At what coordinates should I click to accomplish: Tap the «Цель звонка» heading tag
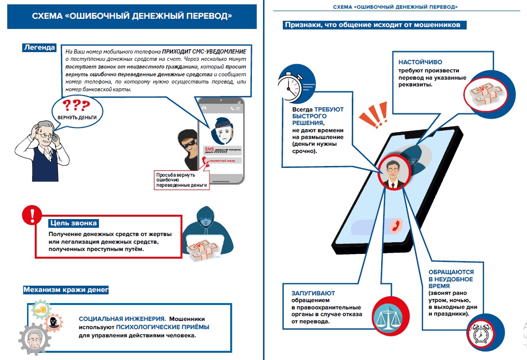[x=74, y=223]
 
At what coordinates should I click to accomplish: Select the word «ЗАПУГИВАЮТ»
[x=313, y=293]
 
